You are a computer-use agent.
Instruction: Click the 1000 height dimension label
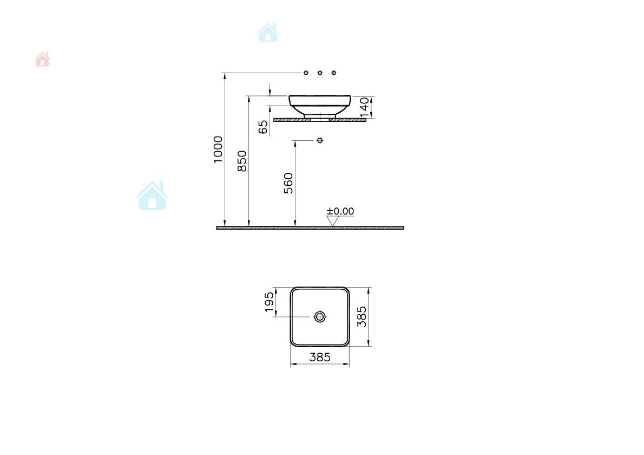click(x=218, y=149)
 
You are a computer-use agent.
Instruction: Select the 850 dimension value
click(x=242, y=161)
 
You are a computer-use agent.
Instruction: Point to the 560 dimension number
click(x=288, y=183)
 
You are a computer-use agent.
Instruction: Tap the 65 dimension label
click(x=263, y=127)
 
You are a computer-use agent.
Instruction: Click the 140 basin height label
click(x=364, y=107)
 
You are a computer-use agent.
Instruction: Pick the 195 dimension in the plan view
click(x=269, y=302)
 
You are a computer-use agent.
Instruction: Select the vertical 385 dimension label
click(x=362, y=316)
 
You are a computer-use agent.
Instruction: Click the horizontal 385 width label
click(x=320, y=357)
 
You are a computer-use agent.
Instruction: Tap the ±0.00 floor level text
click(x=340, y=211)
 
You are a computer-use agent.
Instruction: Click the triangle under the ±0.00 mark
click(x=332, y=221)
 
